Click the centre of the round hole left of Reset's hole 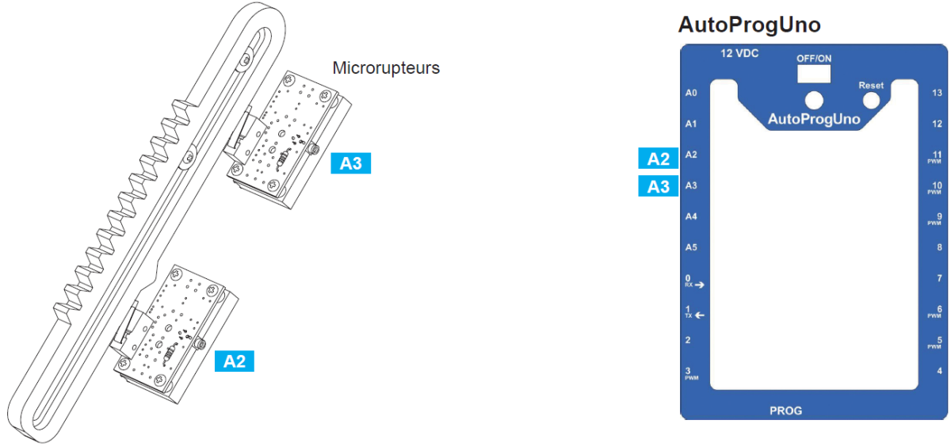click(x=814, y=101)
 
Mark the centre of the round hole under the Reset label click(x=871, y=101)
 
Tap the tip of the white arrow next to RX click(x=705, y=285)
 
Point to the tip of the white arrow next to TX click(x=694, y=315)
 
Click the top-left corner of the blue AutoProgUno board click(x=681, y=44)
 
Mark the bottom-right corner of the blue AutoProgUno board click(x=947, y=419)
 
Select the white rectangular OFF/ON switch click(x=813, y=74)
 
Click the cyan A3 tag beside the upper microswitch click(x=350, y=163)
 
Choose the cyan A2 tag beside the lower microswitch click(x=235, y=361)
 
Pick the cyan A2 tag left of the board click(x=658, y=159)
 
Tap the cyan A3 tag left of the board click(x=658, y=186)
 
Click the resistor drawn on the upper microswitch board click(x=283, y=159)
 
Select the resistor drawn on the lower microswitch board click(x=170, y=353)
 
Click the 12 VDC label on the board click(x=739, y=53)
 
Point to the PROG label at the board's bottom click(x=786, y=411)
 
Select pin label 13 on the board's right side click(x=937, y=93)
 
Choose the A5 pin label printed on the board click(x=691, y=247)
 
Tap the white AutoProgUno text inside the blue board click(x=814, y=120)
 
